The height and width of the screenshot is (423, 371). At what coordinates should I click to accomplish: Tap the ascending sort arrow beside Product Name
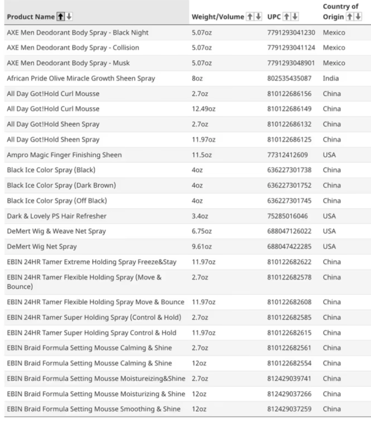tap(60, 16)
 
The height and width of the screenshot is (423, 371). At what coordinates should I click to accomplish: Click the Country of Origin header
tap(339, 11)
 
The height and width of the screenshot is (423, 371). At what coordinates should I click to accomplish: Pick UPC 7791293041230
tap(291, 32)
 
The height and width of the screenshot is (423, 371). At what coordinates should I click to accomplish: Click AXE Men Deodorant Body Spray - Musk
tap(73, 63)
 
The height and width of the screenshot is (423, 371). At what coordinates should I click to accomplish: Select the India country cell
tap(330, 78)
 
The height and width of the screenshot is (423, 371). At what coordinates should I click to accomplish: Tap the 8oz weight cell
tap(197, 78)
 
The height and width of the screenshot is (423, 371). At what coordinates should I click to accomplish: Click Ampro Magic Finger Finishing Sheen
tap(64, 155)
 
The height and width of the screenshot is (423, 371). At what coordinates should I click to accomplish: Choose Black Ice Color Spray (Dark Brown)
tap(61, 186)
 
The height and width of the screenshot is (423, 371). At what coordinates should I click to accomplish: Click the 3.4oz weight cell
tap(199, 216)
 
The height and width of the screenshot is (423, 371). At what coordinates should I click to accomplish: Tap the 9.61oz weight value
tap(201, 246)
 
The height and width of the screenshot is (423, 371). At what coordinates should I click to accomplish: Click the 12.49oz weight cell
tap(204, 109)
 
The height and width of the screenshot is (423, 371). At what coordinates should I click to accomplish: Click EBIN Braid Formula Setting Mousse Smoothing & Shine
tap(93, 408)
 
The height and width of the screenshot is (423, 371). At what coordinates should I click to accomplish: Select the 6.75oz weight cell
tap(201, 231)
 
